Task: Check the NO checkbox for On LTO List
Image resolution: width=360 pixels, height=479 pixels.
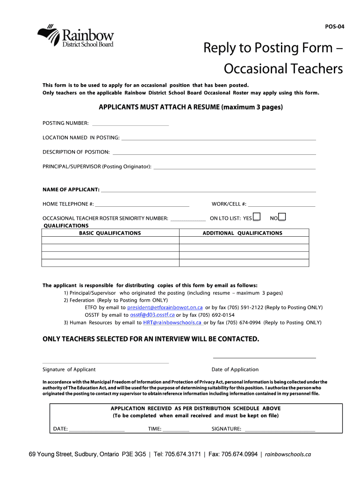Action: (x=282, y=217)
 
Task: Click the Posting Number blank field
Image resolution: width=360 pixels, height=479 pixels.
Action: (x=130, y=123)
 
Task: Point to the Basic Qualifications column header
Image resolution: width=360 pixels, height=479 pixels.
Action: (x=110, y=233)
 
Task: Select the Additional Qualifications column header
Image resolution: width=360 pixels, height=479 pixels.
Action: (x=242, y=233)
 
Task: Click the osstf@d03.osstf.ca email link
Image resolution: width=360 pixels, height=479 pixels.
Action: (x=152, y=315)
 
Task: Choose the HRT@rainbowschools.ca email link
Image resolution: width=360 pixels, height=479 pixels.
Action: (x=173, y=323)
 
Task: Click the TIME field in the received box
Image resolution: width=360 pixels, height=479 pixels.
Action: (x=176, y=429)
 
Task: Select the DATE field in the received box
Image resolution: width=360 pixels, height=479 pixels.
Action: (x=97, y=429)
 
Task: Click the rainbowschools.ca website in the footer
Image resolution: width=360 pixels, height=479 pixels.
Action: (x=288, y=454)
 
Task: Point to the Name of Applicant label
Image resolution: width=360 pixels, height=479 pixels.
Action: (x=71, y=189)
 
